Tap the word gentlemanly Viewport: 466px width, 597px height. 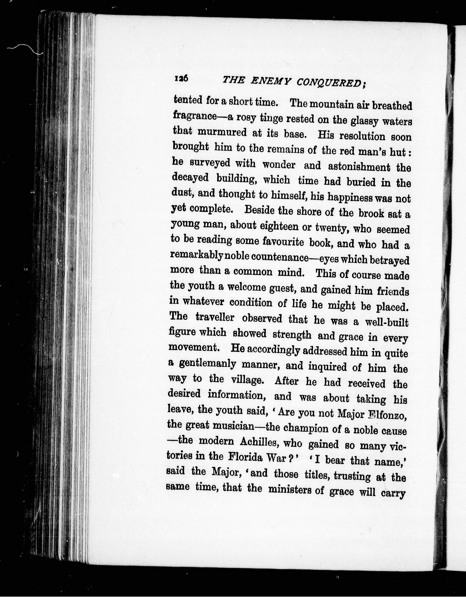207,364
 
